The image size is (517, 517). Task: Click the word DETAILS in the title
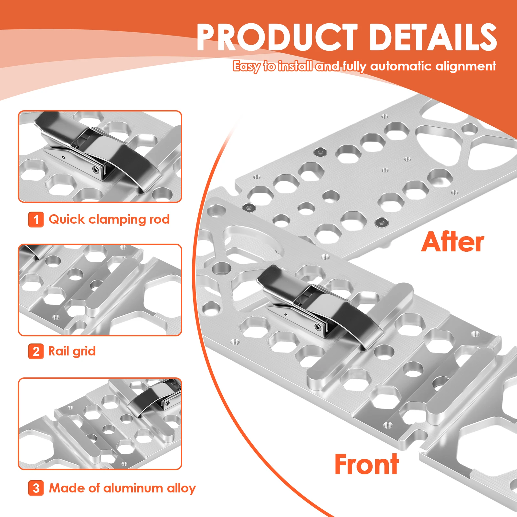433,37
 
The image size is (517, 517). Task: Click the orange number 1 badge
36,220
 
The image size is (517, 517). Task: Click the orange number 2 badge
36,351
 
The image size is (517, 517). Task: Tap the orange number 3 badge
36,488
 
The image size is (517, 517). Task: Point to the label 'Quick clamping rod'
109,220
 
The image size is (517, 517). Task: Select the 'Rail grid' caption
72,351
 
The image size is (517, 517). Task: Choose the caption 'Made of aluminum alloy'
122,488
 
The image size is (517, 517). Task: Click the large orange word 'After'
453,242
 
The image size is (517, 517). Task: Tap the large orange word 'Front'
366,464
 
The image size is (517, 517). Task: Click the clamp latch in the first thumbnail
97,152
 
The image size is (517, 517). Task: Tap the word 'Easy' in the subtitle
247,66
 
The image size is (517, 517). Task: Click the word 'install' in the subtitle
295,66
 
